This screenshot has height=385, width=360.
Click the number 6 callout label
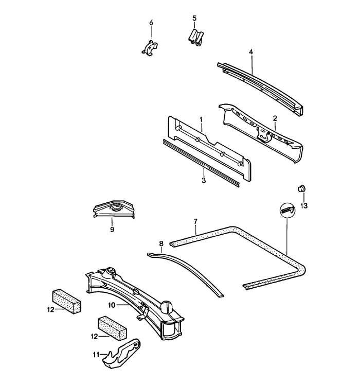pyautogui.click(x=151, y=23)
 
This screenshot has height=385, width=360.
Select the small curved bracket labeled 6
pyautogui.click(x=149, y=48)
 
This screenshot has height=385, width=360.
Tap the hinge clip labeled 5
pyautogui.click(x=195, y=38)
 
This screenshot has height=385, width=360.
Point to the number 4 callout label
pyautogui.click(x=251, y=52)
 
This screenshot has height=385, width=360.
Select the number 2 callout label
pyautogui.click(x=275, y=118)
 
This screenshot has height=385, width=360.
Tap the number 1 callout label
pyautogui.click(x=202, y=119)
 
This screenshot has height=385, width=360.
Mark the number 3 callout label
pyautogui.click(x=204, y=180)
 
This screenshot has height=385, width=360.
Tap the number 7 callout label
pyautogui.click(x=195, y=222)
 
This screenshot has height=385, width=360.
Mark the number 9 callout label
pyautogui.click(x=112, y=230)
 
